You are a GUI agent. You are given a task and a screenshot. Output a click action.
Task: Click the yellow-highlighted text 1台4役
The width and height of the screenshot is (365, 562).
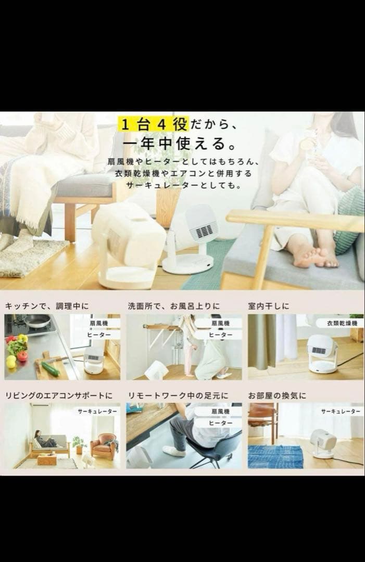click(x=153, y=124)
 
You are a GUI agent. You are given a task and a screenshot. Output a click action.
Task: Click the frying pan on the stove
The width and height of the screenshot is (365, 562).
click(x=37, y=321)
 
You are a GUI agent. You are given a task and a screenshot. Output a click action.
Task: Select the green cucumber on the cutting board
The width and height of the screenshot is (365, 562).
click(x=51, y=368)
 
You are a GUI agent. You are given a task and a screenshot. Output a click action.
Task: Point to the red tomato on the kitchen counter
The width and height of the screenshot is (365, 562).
click(x=22, y=356)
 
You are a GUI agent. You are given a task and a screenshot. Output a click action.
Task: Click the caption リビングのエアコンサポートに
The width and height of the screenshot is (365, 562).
click(x=59, y=395)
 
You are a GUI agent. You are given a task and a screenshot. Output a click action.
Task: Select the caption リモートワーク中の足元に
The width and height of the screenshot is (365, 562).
click(x=177, y=395)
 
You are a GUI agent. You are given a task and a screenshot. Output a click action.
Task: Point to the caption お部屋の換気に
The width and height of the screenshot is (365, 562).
click(x=278, y=395)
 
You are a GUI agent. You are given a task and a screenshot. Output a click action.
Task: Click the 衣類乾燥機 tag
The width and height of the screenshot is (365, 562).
click(x=342, y=323)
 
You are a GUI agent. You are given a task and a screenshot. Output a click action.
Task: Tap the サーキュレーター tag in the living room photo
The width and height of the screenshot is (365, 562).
click(x=97, y=411)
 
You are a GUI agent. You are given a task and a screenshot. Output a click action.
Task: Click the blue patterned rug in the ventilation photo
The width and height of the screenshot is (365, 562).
click(x=275, y=456)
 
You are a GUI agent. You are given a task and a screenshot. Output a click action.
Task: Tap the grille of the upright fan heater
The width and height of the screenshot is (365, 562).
click(x=204, y=230)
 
